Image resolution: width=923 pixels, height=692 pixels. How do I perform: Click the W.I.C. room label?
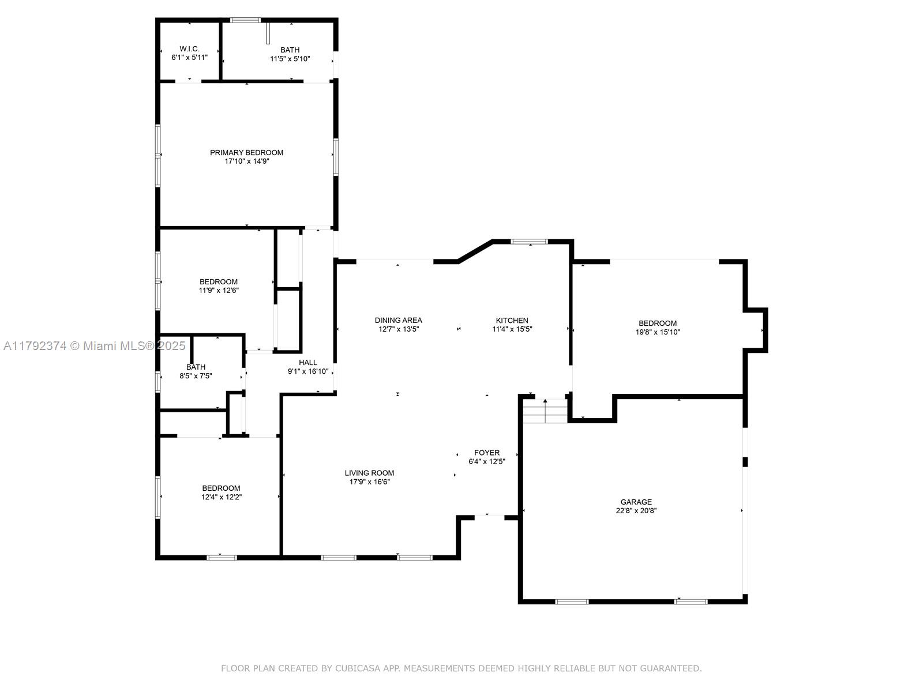tap(189, 49)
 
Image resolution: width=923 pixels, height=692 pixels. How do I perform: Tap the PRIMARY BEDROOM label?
tap(246, 152)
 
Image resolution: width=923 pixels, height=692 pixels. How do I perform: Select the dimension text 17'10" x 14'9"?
tap(246, 161)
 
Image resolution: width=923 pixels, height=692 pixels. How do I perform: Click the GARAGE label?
tap(636, 502)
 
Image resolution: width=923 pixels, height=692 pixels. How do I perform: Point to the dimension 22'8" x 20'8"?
tap(636, 511)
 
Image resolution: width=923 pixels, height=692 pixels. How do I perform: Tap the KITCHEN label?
tap(512, 321)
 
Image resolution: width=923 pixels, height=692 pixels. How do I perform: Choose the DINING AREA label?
tap(398, 321)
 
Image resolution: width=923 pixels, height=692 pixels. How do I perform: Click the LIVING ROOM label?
tap(369, 473)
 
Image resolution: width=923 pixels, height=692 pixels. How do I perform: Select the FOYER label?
tap(486, 453)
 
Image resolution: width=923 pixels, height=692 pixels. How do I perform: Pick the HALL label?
tap(308, 363)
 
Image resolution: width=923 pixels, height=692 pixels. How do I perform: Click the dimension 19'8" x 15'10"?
tap(658, 332)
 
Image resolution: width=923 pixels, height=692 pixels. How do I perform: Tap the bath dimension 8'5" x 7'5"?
tap(196, 376)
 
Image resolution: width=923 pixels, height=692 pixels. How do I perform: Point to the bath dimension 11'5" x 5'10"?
tap(290, 59)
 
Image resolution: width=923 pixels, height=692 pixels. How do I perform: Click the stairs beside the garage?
tap(545, 411)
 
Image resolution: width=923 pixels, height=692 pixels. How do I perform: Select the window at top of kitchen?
tap(529, 242)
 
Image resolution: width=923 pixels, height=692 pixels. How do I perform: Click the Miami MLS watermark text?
tap(94, 346)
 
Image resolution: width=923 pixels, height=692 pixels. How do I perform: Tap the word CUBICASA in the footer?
tap(355, 668)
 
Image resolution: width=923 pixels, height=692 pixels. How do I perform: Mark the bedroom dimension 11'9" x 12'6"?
tap(219, 290)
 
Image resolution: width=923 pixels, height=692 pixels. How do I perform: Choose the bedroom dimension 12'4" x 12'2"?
tap(221, 497)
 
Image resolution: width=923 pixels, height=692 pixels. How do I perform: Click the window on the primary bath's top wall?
tap(245, 20)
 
